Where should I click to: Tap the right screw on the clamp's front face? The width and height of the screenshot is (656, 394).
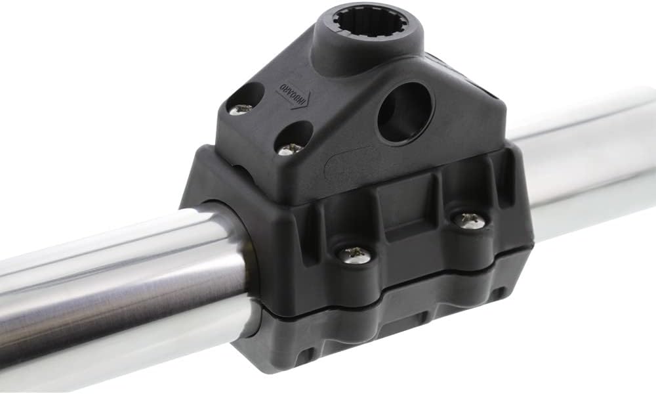[x=470, y=220]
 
